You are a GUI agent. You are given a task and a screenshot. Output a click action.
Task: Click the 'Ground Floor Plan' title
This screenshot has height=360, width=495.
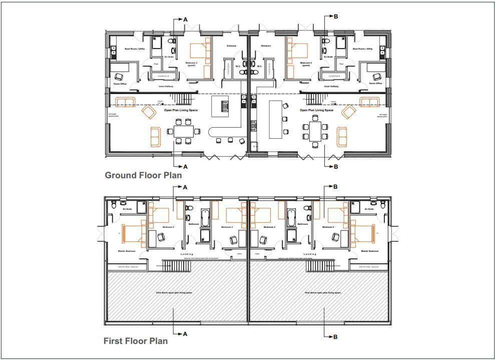click(143, 175)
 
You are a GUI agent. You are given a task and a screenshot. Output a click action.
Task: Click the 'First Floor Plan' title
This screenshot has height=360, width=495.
click(135, 341)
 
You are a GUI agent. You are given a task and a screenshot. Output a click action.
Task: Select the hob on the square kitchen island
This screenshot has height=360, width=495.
click(225, 106)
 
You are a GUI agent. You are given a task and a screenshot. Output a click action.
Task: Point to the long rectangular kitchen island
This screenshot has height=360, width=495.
click(275, 119)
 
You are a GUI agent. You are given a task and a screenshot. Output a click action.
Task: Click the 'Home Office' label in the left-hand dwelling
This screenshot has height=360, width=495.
click(120, 84)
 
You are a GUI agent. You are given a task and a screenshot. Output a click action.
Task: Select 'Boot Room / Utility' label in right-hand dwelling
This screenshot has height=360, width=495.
click(362, 49)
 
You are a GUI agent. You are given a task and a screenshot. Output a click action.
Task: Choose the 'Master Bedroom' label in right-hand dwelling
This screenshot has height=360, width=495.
click(369, 251)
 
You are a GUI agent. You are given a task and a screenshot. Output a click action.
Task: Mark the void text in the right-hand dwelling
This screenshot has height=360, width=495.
click(323, 292)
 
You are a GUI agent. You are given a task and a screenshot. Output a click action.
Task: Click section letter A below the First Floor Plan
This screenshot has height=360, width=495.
click(185, 333)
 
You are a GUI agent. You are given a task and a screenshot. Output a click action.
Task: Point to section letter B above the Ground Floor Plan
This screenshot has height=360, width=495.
click(336, 17)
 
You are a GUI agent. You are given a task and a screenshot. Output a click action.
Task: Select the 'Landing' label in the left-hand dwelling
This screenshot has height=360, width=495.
click(186, 254)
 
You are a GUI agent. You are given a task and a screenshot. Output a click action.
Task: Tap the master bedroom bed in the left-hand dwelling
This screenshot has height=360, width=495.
click(133, 233)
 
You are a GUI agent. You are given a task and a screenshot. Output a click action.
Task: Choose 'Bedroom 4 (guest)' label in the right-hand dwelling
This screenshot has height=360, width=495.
click(306, 64)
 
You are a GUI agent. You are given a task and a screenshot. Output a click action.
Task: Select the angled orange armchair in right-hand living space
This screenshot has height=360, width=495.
click(349, 112)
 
